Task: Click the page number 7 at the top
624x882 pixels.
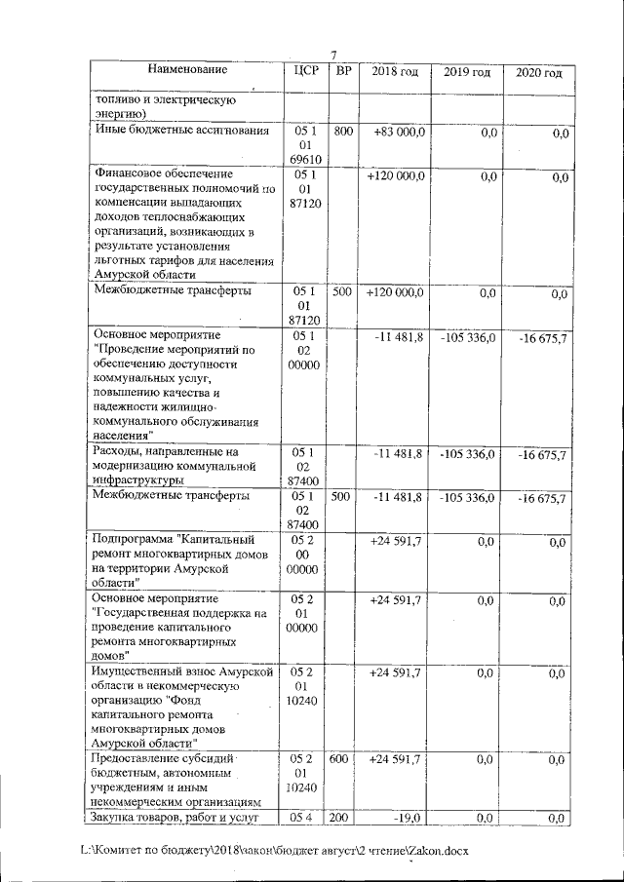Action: click(x=333, y=55)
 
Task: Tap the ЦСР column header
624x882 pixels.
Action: click(x=302, y=71)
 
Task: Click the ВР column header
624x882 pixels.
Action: click(x=343, y=71)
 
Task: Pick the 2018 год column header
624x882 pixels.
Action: click(x=395, y=72)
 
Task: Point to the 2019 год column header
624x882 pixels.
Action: click(x=466, y=73)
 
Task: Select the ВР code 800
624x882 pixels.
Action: click(x=343, y=131)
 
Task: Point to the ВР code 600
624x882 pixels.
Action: click(x=343, y=758)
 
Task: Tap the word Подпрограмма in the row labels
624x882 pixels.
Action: click(x=134, y=538)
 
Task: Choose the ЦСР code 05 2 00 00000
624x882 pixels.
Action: click(x=302, y=554)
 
